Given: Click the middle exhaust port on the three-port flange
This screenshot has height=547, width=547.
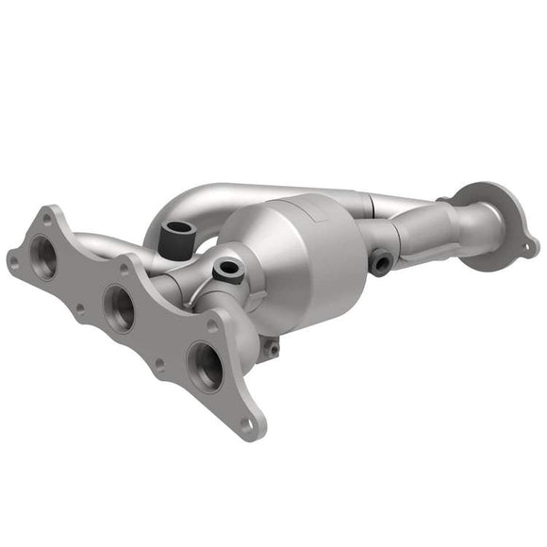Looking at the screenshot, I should (x=120, y=307).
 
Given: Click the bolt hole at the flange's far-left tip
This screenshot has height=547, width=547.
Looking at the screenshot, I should (x=12, y=256).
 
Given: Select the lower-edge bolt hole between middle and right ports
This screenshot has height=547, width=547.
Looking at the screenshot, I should (x=159, y=362).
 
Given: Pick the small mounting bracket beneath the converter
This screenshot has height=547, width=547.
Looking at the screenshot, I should (x=272, y=347).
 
